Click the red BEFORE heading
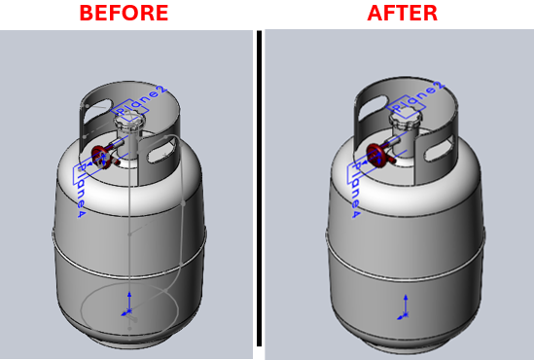pos(124,14)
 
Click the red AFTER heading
pos(402,14)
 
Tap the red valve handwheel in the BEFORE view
pos(100,154)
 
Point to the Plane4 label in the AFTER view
pos(356,188)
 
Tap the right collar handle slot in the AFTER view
pos(436,148)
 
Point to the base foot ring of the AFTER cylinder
pos(401,342)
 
